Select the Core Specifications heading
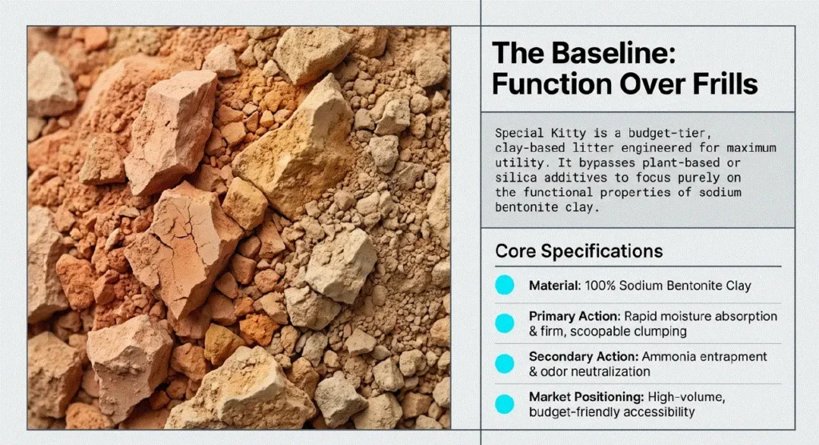(579, 251)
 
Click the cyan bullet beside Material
(505, 285)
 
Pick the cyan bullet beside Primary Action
(505, 323)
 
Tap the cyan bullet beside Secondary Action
(505, 363)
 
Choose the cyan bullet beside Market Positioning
(505, 404)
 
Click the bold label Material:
(555, 286)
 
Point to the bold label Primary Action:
(574, 316)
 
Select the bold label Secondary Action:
(583, 357)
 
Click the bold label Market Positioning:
(586, 397)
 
